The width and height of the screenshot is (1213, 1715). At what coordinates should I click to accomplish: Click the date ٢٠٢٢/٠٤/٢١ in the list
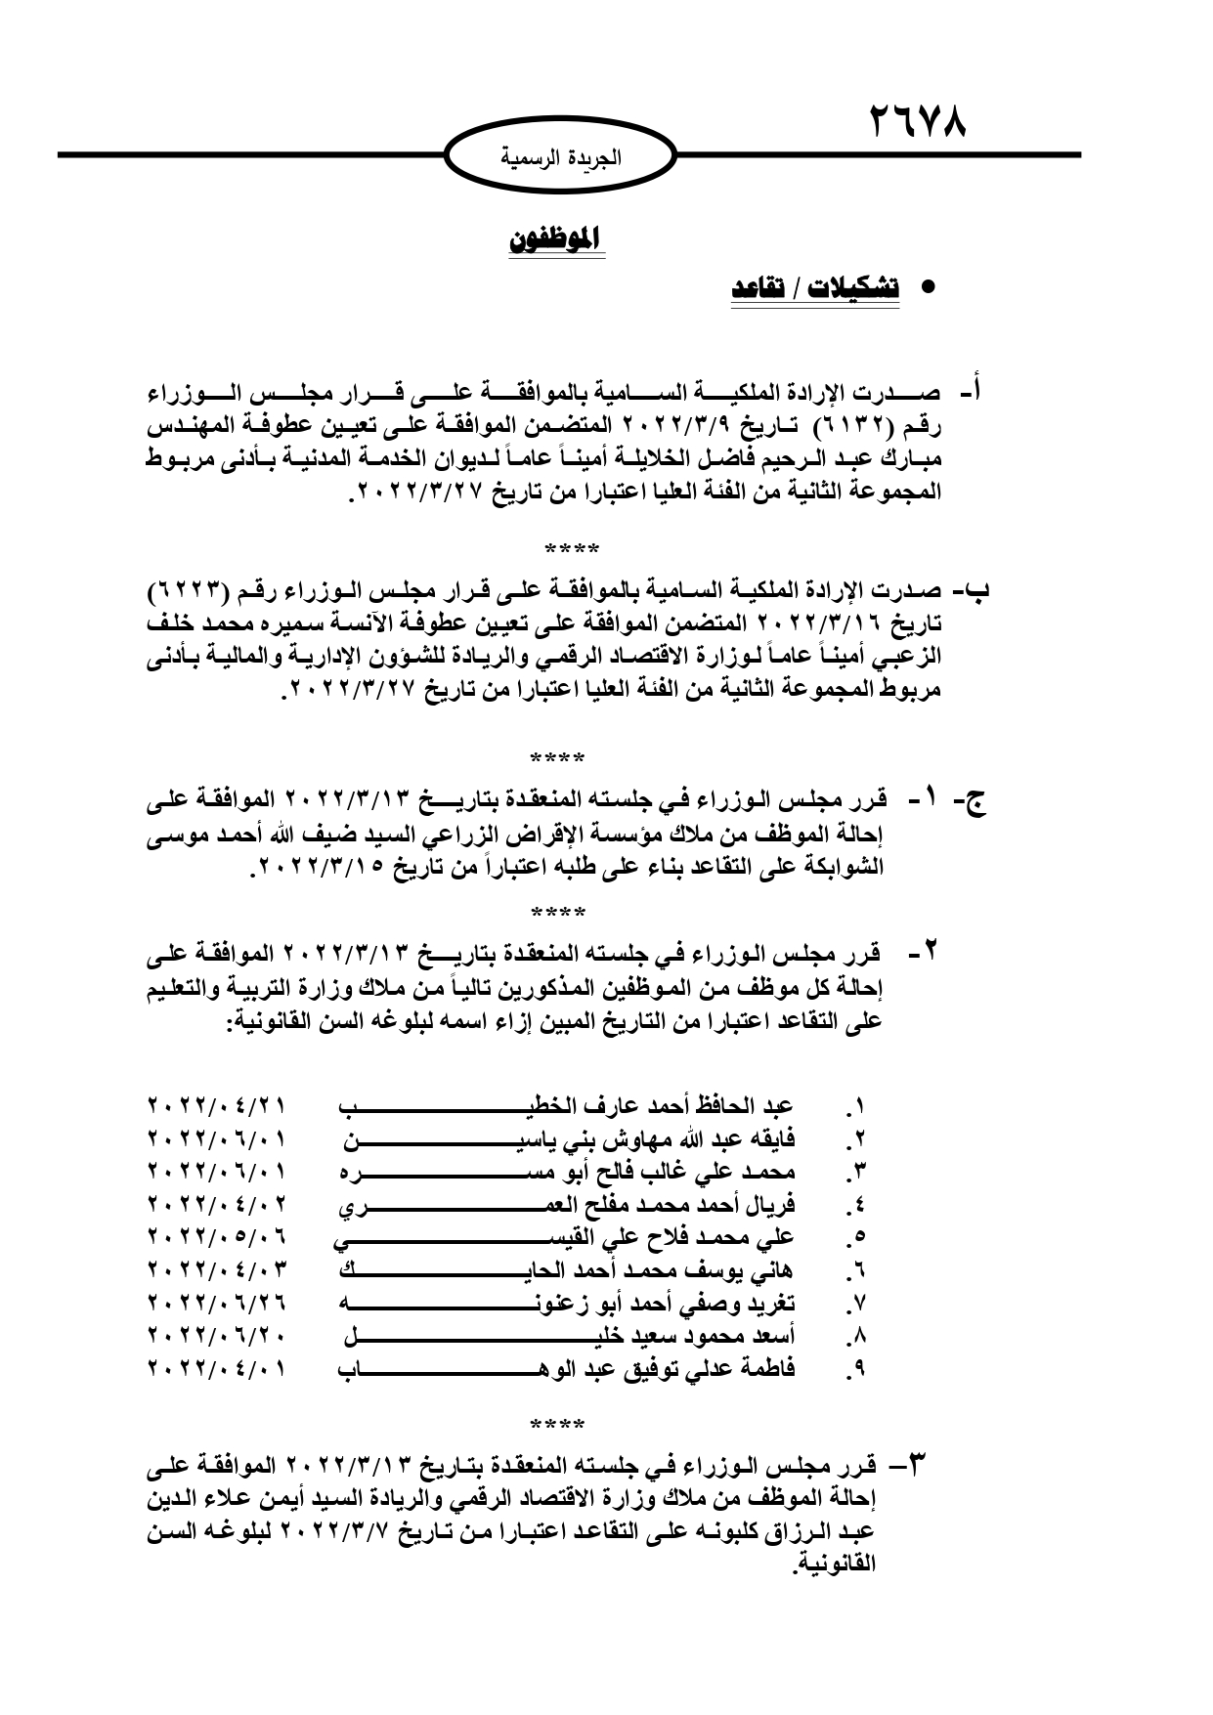click(x=217, y=1106)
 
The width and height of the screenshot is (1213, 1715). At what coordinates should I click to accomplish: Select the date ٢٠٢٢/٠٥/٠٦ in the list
click(x=217, y=1237)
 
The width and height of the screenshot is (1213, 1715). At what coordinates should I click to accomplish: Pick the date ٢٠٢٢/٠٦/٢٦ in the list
click(x=217, y=1303)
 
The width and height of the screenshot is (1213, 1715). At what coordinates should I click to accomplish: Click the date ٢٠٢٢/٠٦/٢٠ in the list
click(x=217, y=1336)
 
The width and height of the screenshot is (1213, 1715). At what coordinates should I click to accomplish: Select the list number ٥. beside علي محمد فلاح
click(x=857, y=1238)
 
